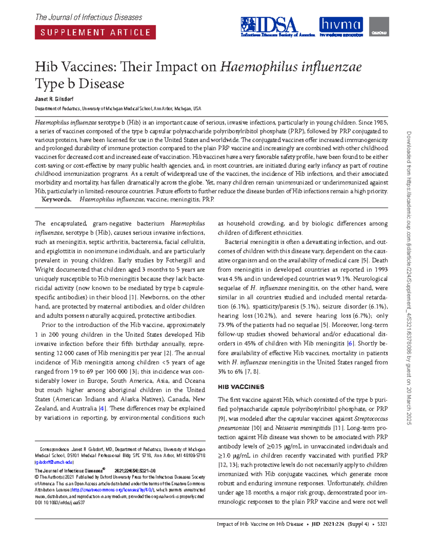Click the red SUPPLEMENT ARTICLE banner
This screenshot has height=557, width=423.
[x=95, y=32]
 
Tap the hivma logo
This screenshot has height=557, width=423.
[x=341, y=26]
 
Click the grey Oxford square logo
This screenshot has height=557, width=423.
[x=379, y=26]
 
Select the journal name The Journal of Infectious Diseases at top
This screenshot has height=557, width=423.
[x=88, y=17]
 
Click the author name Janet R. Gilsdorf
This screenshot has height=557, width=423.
[x=54, y=99]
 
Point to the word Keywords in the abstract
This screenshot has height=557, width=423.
[x=56, y=199]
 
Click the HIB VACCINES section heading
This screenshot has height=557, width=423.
[x=241, y=387]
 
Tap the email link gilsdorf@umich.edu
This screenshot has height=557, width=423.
[x=54, y=462]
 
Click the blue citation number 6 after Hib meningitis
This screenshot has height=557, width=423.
[x=350, y=344]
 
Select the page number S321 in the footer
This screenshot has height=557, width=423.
[x=382, y=524]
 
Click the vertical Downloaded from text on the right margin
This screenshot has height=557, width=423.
[x=409, y=278]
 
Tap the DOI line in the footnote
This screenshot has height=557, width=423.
[x=60, y=503]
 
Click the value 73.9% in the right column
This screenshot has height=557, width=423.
[x=226, y=325]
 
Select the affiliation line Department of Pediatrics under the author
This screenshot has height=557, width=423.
[x=118, y=109]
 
